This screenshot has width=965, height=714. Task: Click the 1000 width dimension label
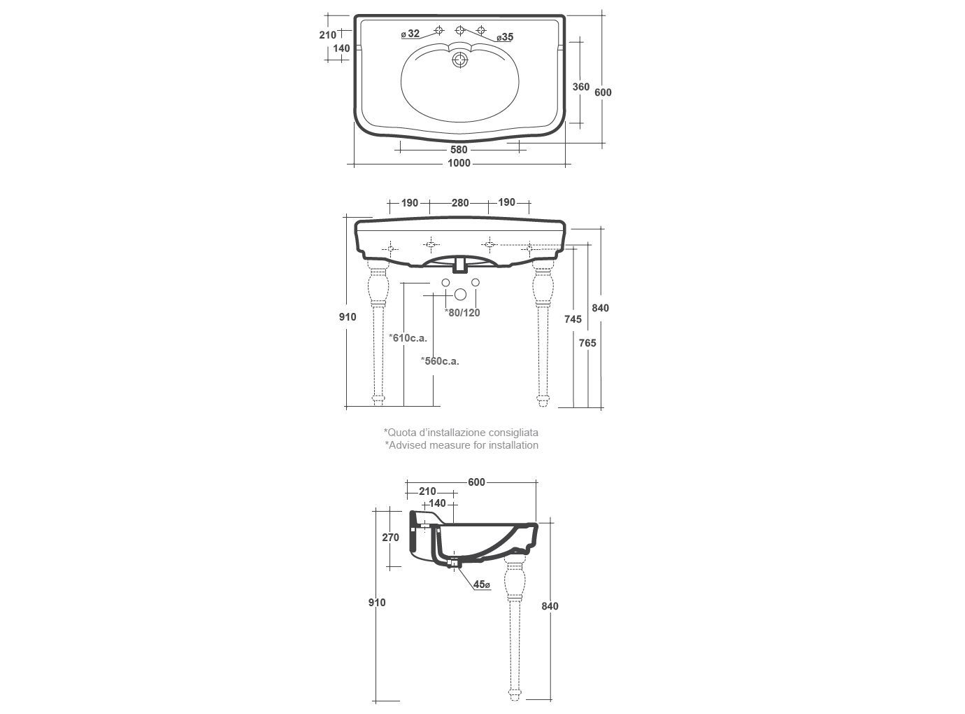pos(459,163)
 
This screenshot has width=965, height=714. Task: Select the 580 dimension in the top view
pos(459,150)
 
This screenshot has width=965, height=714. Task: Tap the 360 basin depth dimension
pos(581,87)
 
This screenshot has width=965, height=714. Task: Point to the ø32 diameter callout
pos(410,34)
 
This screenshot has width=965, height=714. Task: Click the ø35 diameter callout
pos(505,37)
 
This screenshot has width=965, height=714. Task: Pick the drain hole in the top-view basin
pos(459,59)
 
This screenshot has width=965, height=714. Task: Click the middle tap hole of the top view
pos(460,30)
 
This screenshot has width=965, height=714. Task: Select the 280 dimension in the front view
pos(460,203)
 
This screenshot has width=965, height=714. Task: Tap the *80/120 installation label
pos(462,313)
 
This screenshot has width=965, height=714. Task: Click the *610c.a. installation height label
pos(408,338)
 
